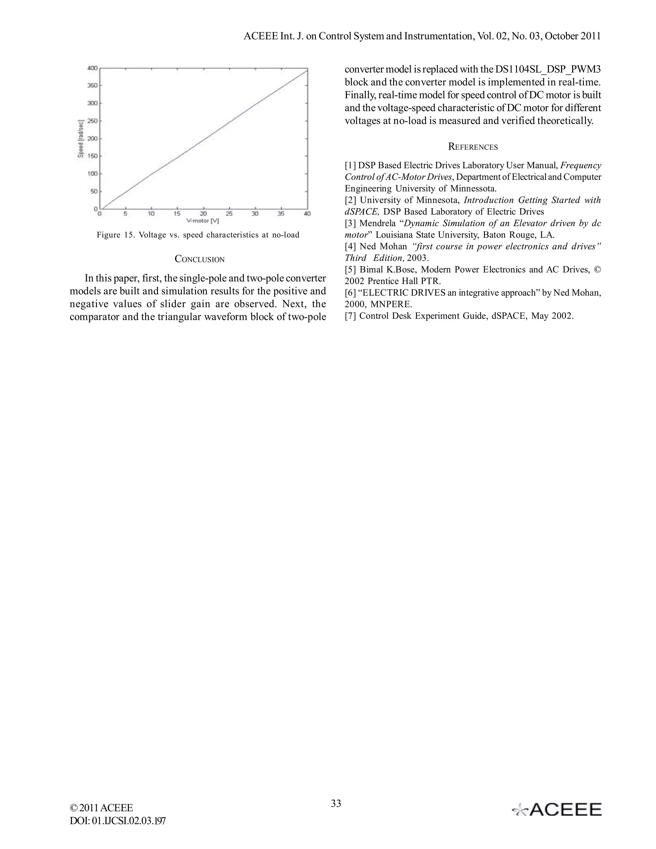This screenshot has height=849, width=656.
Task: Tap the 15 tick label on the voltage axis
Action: [x=177, y=214]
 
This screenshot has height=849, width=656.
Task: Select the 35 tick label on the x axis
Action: [x=281, y=214]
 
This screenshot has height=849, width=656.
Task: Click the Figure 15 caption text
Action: [x=198, y=235]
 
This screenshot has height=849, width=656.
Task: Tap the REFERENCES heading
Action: [x=472, y=147]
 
